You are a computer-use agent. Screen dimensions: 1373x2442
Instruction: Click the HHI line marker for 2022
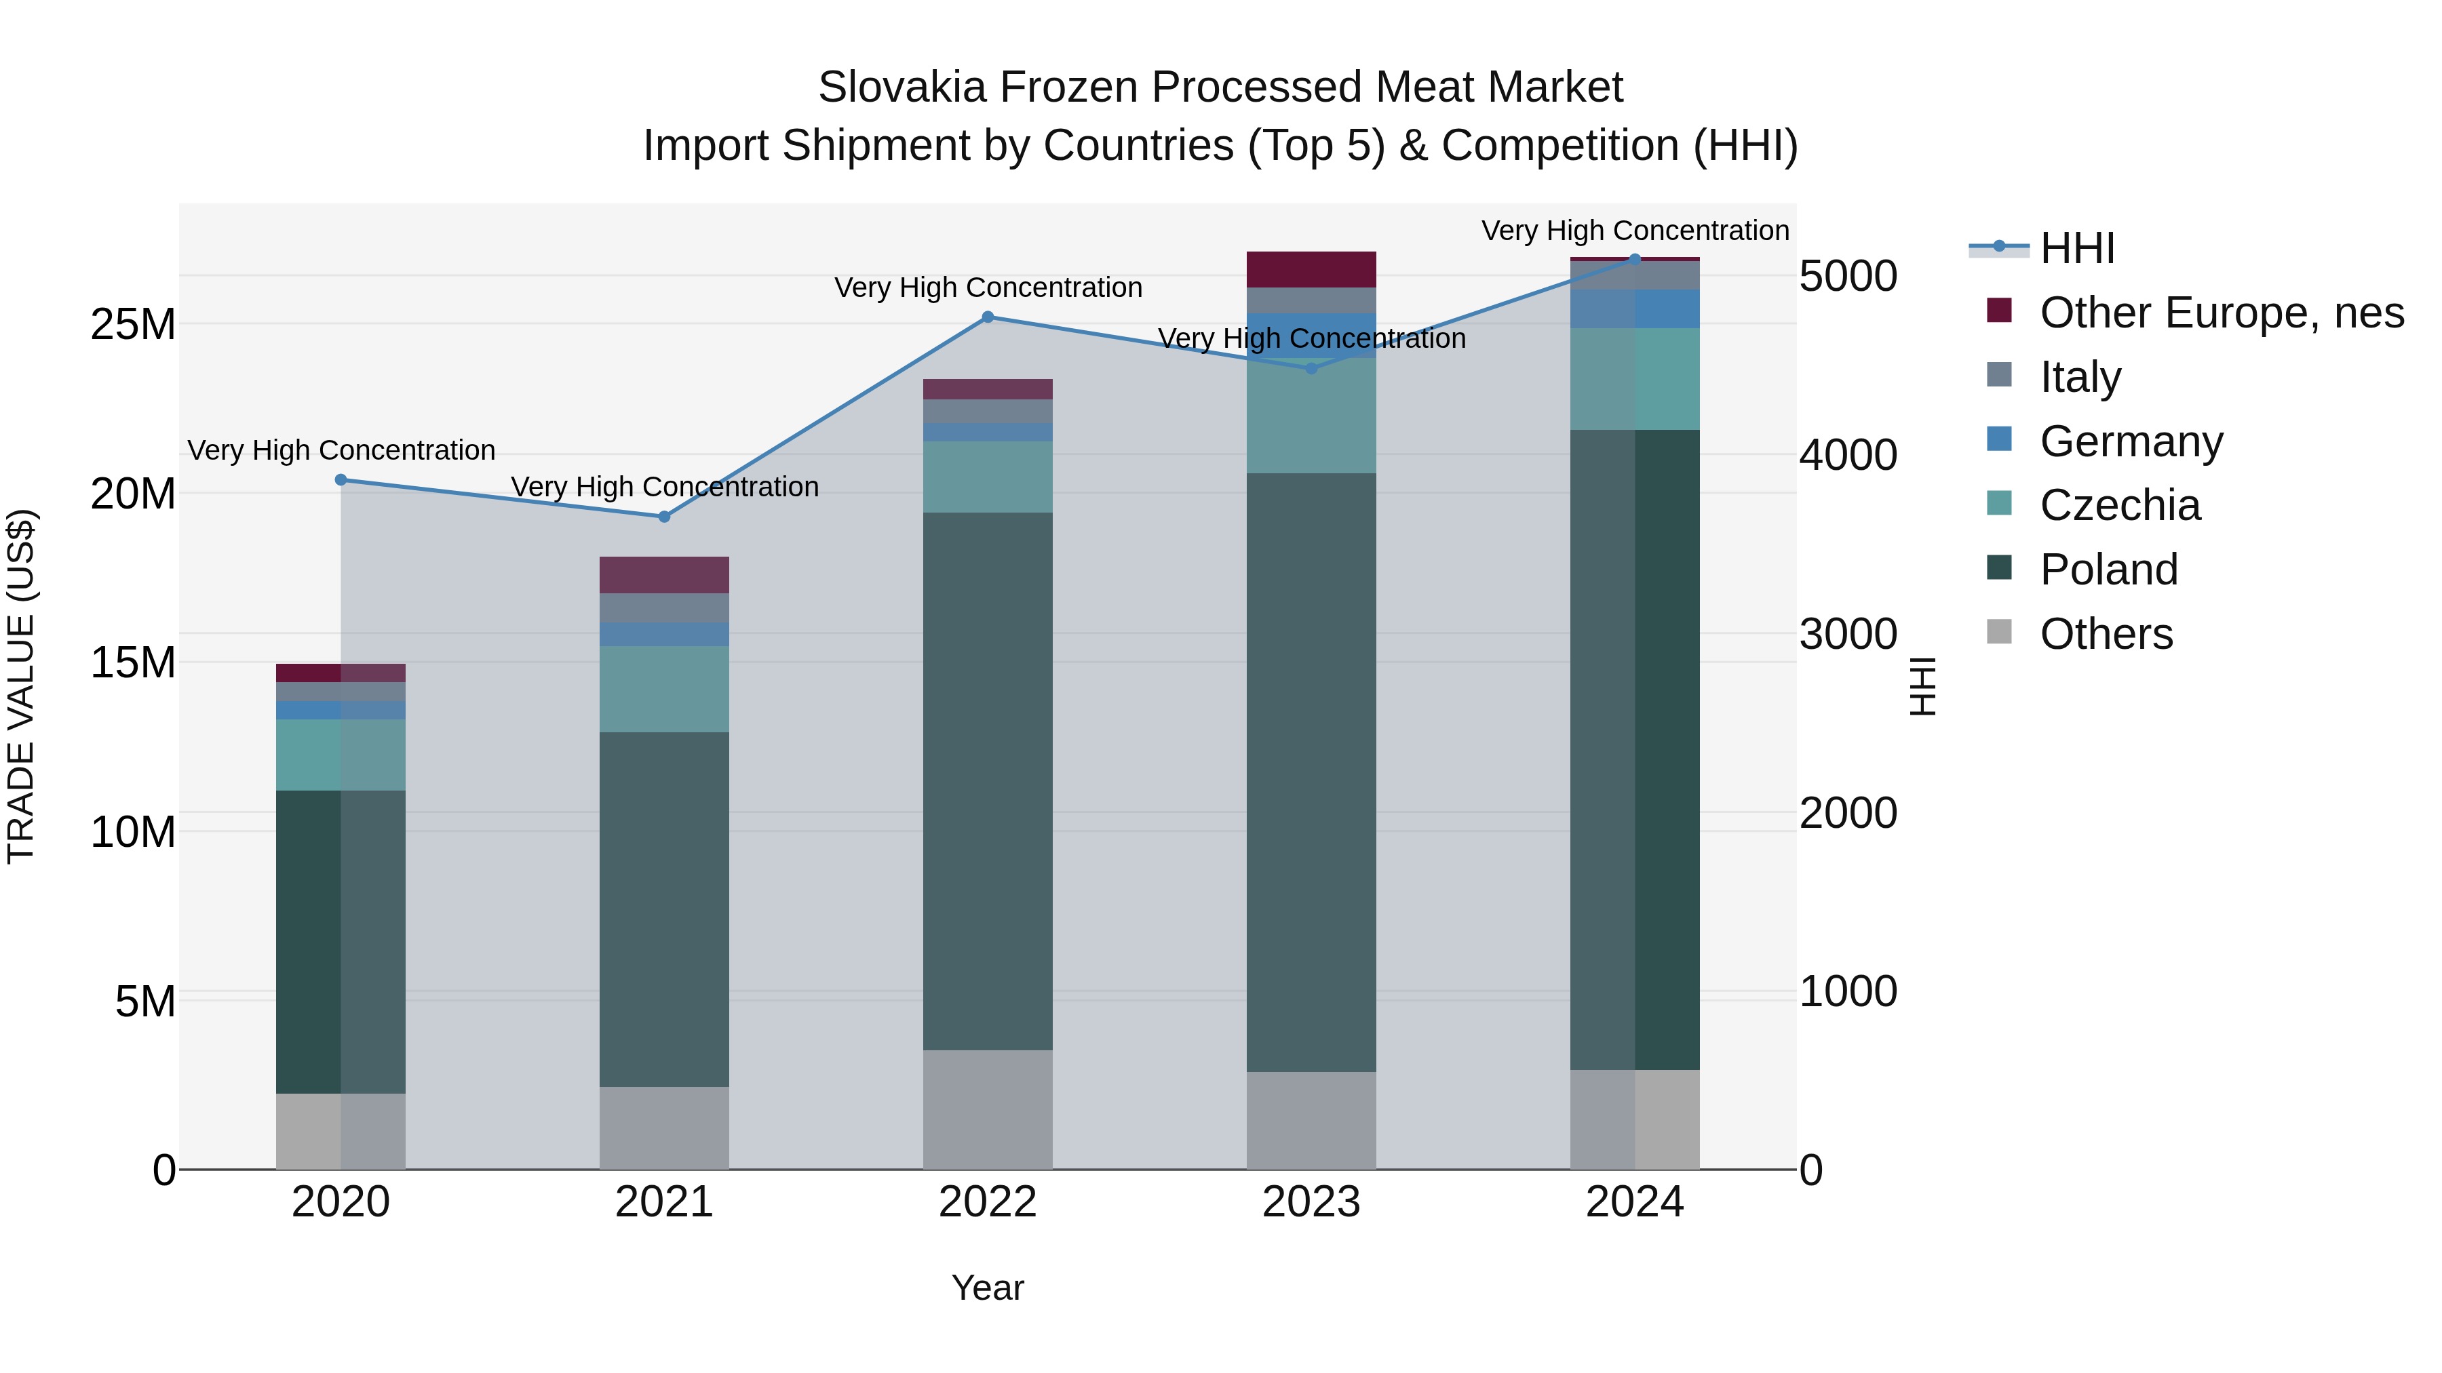pos(988,317)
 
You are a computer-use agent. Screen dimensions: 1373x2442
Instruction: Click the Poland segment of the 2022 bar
pos(988,782)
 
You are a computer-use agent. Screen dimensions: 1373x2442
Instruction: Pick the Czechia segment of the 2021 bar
pos(665,689)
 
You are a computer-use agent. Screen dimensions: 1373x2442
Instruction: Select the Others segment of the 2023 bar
pos(1311,1120)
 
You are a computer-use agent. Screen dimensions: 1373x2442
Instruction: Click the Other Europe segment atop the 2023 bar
pos(1311,270)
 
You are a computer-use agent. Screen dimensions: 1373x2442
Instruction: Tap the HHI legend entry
pos(2076,248)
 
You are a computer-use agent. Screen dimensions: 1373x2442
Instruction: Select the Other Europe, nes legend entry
pos(2220,313)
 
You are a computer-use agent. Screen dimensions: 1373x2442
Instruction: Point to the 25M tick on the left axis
pos(133,325)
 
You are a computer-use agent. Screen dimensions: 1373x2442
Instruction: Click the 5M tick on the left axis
pos(145,1001)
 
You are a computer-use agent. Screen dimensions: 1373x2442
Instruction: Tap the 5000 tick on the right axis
pos(1848,277)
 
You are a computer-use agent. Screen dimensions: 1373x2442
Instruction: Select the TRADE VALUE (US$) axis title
pos(21,686)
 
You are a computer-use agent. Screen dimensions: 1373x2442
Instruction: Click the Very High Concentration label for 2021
pos(665,487)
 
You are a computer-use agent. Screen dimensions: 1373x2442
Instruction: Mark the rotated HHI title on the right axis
pos(1922,686)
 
